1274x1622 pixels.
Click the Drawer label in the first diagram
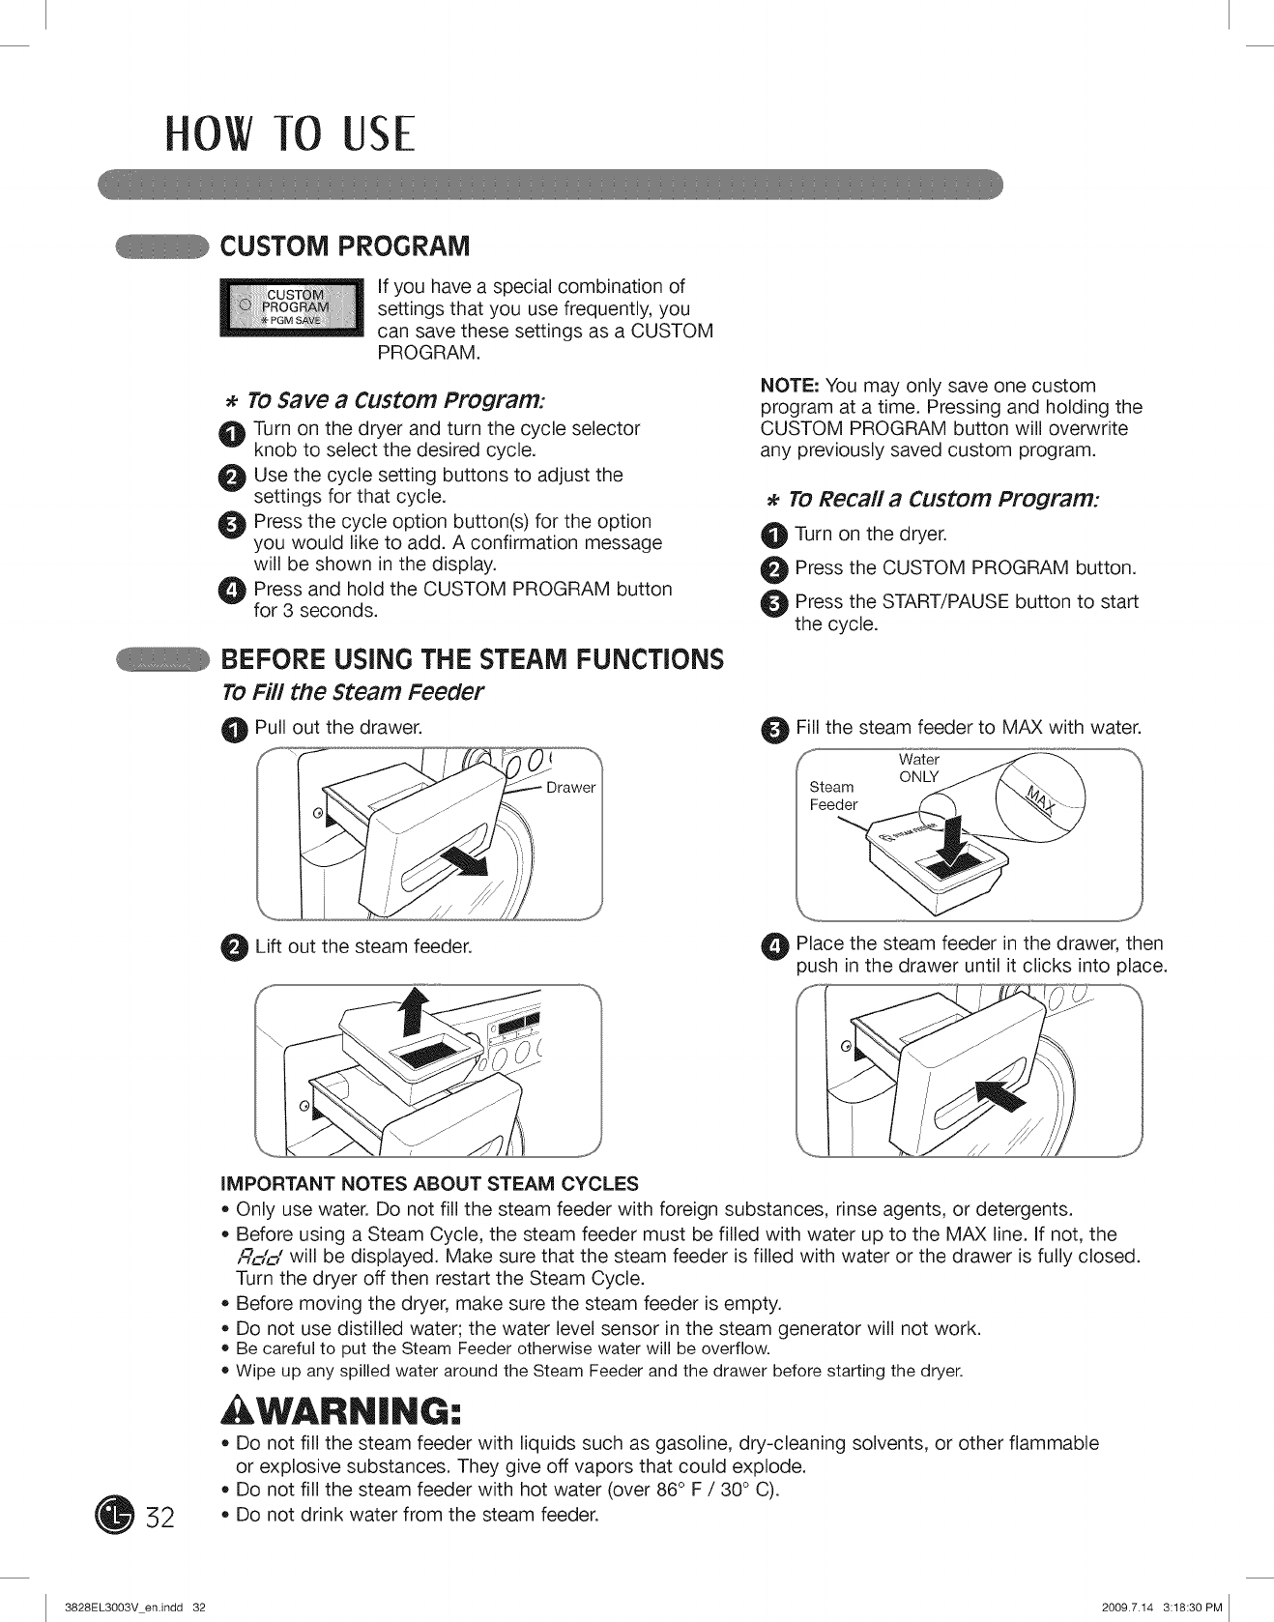pos(570,788)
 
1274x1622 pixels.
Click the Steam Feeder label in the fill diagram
pos(833,796)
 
